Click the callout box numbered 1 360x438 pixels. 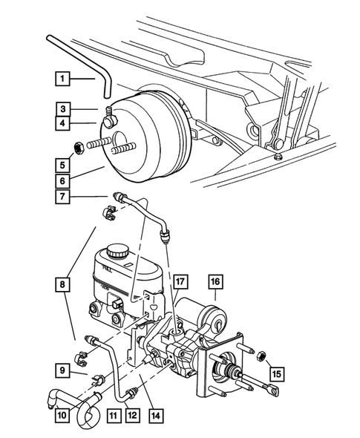tap(64, 78)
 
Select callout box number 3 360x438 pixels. tap(64, 108)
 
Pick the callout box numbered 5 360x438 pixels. tap(64, 164)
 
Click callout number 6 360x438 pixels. tap(64, 180)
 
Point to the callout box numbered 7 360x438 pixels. tap(64, 197)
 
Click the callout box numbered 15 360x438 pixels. tap(276, 373)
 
